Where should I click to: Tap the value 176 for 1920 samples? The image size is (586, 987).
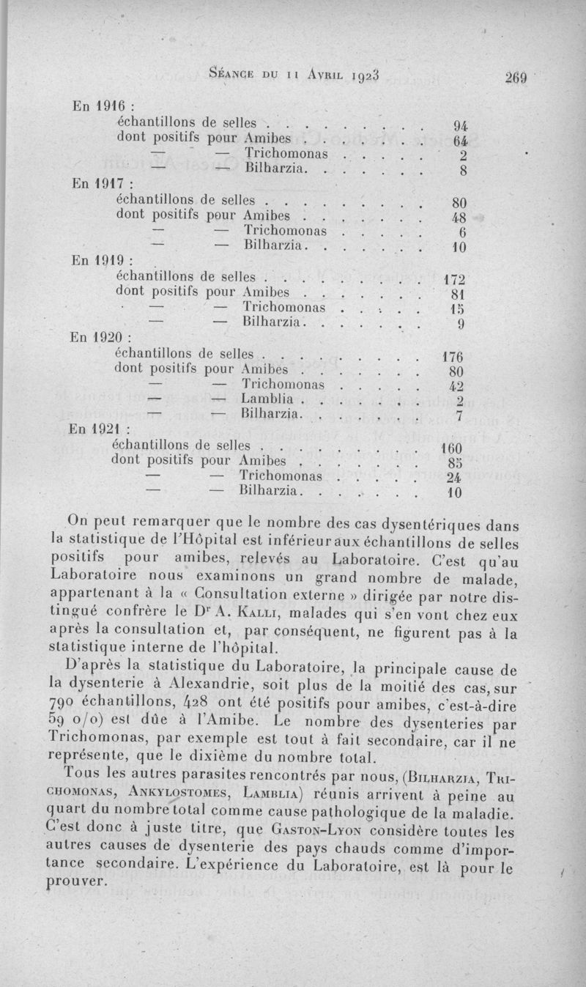(x=456, y=358)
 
